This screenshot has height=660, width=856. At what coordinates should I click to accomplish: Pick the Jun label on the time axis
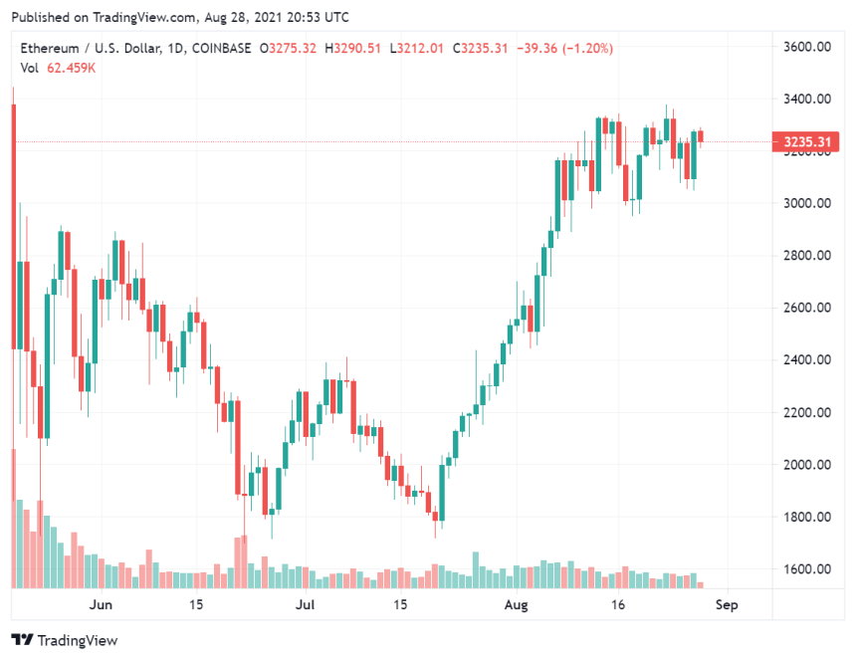coord(100,604)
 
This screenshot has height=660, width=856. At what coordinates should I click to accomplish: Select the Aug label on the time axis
coord(516,604)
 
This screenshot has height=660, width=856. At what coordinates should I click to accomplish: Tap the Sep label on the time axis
coord(728,604)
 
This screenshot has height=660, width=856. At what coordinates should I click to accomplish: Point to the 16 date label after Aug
coord(618,604)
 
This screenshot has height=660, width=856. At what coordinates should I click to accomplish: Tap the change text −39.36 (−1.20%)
coord(564,48)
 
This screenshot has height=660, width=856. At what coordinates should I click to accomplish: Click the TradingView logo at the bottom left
coord(64,640)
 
